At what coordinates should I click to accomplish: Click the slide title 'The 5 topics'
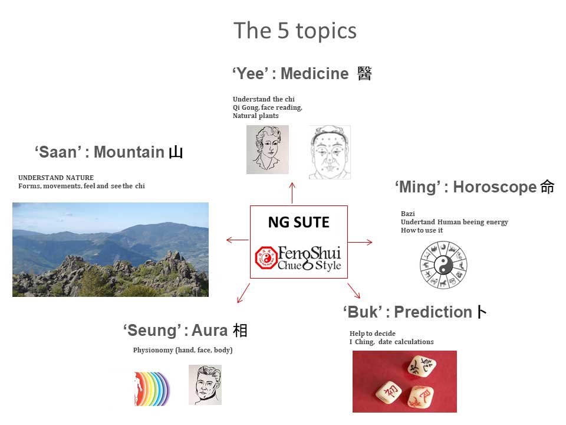pos(295,31)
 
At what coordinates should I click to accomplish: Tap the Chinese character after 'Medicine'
pos(364,73)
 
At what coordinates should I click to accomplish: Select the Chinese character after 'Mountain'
pos(176,152)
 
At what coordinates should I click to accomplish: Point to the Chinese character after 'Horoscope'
pos(547,187)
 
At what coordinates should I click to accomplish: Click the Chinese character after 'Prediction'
pos(482,312)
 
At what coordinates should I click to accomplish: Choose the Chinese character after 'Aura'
pos(240,331)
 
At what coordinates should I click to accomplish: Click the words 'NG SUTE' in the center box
pos(298,223)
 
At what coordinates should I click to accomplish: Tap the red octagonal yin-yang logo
pos(266,258)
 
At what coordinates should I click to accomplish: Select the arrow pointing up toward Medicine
pos(292,193)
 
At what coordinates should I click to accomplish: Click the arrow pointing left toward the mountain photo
pos(238,240)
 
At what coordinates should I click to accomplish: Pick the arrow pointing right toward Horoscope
pos(360,242)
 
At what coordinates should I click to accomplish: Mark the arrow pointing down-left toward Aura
pos(243,293)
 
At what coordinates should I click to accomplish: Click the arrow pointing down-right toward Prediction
pos(354,291)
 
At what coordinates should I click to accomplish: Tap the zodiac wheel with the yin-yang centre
pos(443,265)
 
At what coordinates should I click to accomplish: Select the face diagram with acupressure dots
pos(330,152)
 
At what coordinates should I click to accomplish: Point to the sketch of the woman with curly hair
pos(268,149)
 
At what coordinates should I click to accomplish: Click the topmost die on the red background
pos(421,366)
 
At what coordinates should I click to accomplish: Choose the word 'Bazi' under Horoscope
pos(408,214)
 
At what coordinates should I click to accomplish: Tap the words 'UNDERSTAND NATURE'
pos(56,178)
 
